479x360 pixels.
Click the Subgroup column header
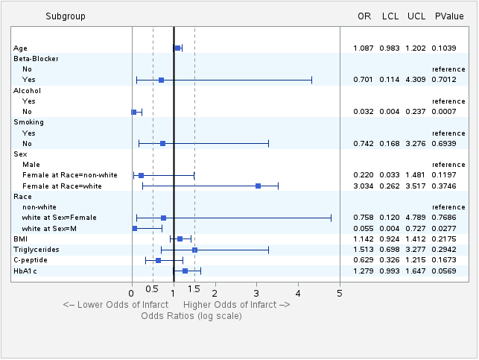65,16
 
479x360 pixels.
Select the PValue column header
449,16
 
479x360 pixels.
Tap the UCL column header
416,16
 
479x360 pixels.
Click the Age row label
20,48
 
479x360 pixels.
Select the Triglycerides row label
37,250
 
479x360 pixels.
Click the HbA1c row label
27,271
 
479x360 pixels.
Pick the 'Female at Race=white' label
62,186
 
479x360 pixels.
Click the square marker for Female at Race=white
258,186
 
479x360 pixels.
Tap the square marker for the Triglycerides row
194,250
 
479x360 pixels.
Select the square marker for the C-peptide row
158,260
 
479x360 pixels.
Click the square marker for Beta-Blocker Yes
161,79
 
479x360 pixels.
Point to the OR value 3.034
363,186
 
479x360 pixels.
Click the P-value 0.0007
448,112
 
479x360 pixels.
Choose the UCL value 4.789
416,218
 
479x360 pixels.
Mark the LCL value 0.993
390,271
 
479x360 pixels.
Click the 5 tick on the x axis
340,292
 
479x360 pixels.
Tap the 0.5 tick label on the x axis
153,292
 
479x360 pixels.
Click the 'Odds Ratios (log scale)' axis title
191,316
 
